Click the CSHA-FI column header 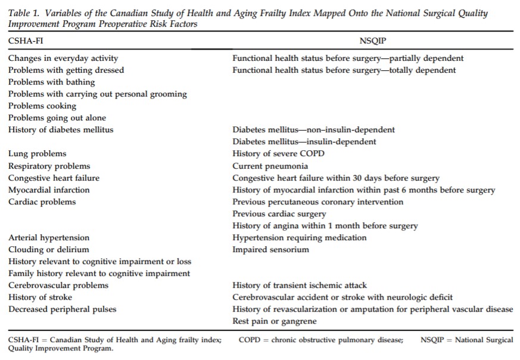[26, 40]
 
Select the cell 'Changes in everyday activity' [63, 58]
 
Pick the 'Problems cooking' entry [42, 106]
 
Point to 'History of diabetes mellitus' [61, 130]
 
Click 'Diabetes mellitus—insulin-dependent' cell [304, 142]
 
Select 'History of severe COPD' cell [278, 154]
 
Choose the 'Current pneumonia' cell [270, 166]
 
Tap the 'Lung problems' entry [38, 154]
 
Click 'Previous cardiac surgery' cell [279, 213]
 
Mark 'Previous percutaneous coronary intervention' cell [317, 201]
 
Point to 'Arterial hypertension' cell [49, 237]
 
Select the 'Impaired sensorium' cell [271, 249]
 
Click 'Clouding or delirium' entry [49, 249]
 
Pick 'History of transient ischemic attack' [300, 285]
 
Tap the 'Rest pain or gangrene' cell [275, 321]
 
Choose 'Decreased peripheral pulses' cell [63, 309]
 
